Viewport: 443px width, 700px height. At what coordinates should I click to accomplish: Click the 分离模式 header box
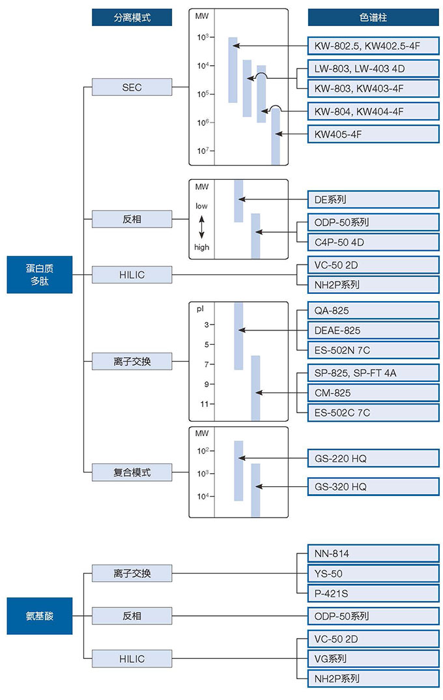coord(132,17)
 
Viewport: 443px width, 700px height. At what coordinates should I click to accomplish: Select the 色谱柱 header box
coord(373,17)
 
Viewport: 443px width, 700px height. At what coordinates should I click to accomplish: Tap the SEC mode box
coord(132,87)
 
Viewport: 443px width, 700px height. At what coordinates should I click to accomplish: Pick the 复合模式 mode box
coord(132,472)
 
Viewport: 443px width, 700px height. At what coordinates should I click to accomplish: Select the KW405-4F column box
coord(373,134)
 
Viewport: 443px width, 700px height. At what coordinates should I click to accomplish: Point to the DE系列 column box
coord(373,199)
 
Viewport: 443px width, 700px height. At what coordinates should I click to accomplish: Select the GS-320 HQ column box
coord(373,486)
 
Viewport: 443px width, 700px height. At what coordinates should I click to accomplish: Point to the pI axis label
coord(201,309)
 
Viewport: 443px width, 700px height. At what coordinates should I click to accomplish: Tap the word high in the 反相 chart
coord(202,247)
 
